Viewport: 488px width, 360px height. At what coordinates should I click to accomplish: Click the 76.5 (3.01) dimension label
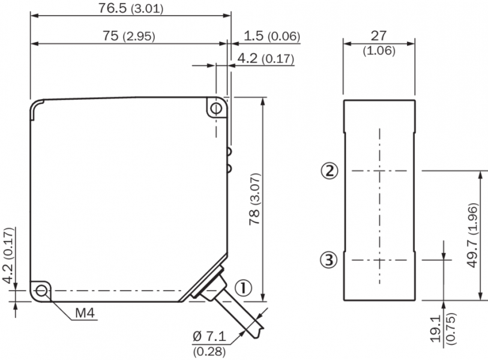131,8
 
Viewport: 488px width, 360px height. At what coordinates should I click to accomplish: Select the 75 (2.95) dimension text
129,36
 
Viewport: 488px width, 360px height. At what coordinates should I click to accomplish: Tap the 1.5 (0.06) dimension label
272,36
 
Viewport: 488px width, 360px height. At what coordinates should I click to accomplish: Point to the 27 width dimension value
379,36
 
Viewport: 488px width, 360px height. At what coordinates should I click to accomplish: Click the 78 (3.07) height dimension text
255,199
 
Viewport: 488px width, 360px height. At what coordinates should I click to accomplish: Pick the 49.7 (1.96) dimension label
472,235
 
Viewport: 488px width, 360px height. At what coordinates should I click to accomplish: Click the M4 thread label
85,313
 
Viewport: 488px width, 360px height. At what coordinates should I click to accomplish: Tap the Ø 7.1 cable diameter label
209,337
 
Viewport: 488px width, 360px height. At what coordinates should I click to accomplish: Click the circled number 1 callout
242,288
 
